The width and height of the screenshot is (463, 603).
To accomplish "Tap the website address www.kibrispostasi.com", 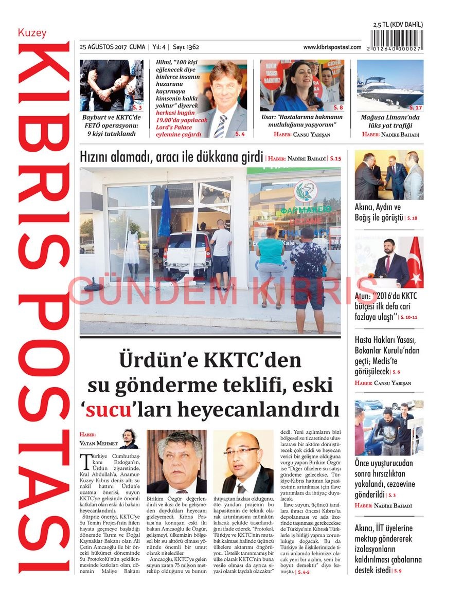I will pos(332,47).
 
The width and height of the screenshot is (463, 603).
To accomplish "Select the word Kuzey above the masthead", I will pos(32,33).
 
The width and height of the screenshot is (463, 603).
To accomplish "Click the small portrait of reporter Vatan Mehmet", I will pos(128,437).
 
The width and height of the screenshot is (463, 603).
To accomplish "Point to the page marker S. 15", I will pos(335,159).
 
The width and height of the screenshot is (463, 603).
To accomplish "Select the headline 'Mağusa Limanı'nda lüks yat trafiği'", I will pos(389,121).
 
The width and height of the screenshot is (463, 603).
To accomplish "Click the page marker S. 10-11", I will pos(408,317).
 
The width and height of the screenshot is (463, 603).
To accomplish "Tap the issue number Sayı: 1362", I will pos(186,47).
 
